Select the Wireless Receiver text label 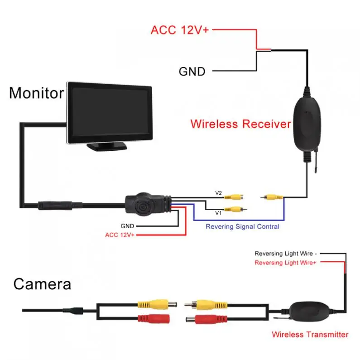click(240, 124)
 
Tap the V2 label click(219, 193)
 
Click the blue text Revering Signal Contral click(242, 226)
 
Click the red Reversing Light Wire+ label click(285, 263)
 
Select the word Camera click(42, 284)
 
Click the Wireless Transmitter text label click(310, 335)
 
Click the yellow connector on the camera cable click(157, 303)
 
